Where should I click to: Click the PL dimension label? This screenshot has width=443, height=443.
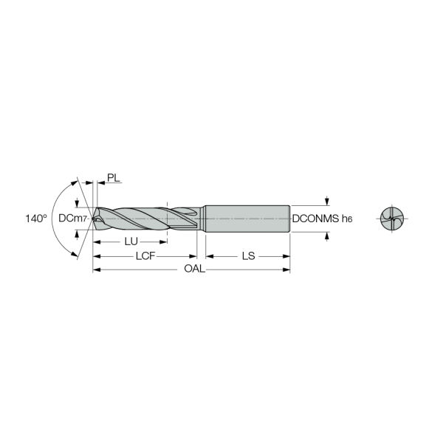click(113, 178)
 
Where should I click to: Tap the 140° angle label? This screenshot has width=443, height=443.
click(36, 219)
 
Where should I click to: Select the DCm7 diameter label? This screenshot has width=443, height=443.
click(72, 218)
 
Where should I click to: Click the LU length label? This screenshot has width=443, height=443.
click(131, 241)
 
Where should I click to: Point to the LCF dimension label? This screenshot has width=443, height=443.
click(145, 256)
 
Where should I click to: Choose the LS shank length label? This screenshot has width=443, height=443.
click(248, 256)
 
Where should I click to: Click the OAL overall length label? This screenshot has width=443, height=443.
click(194, 269)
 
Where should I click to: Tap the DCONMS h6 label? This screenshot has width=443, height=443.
click(323, 219)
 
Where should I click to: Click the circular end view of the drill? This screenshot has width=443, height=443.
click(392, 219)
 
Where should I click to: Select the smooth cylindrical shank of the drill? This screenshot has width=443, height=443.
click(247, 219)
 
